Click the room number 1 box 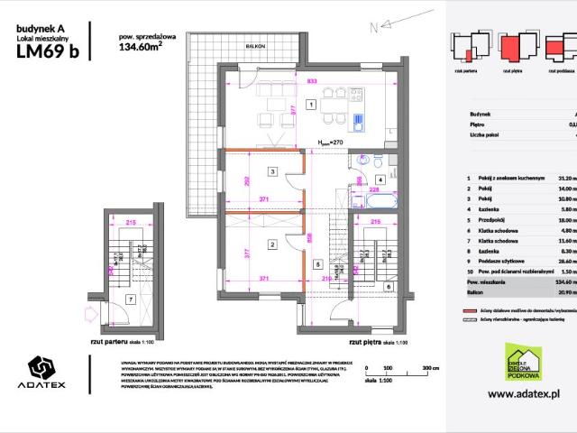click(x=311, y=106)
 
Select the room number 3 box click(x=270, y=171)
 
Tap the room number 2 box click(x=270, y=244)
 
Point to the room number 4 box click(x=380, y=180)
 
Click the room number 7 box click(x=131, y=299)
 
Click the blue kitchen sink click(x=359, y=122)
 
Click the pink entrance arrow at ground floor click(x=88, y=315)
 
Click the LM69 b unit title click(x=48, y=51)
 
